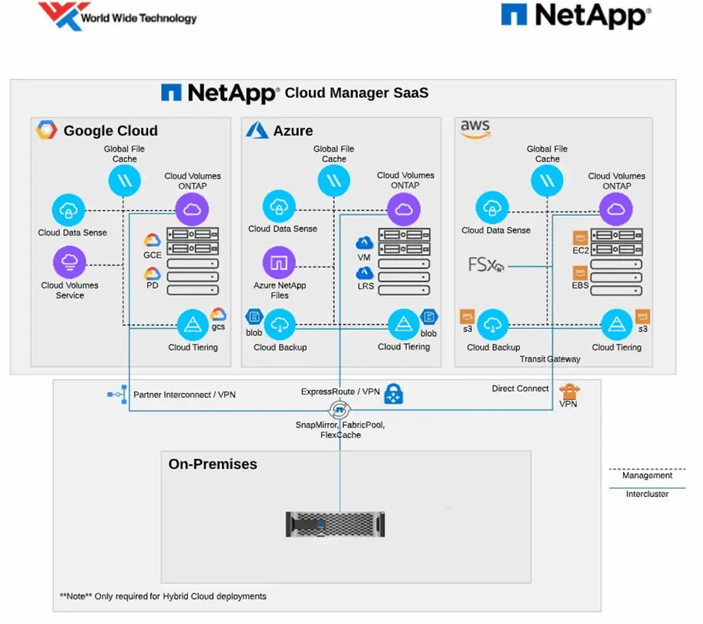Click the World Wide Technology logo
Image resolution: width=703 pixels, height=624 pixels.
117,16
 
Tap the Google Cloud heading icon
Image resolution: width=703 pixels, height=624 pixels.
47,130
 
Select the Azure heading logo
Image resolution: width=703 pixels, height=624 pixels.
257,130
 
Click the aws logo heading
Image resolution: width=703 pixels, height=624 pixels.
475,130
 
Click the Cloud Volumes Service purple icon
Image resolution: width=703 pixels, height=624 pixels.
70,262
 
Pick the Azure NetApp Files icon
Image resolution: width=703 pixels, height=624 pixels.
279,262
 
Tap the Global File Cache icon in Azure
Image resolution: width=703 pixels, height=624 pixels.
334,180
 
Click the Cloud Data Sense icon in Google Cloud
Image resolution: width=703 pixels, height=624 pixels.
68,210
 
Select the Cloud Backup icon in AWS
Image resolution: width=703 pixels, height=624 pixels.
493,325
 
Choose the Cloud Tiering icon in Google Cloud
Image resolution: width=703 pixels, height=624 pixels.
192,325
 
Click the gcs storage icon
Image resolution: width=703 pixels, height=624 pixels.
218,315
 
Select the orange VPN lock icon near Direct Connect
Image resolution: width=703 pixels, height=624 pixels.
569,391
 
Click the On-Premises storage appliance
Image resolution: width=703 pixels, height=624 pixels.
334,524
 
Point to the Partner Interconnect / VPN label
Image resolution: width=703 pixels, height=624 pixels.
184,395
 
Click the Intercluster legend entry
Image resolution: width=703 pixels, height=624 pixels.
647,493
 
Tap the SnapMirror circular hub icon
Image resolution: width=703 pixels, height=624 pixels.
339,410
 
